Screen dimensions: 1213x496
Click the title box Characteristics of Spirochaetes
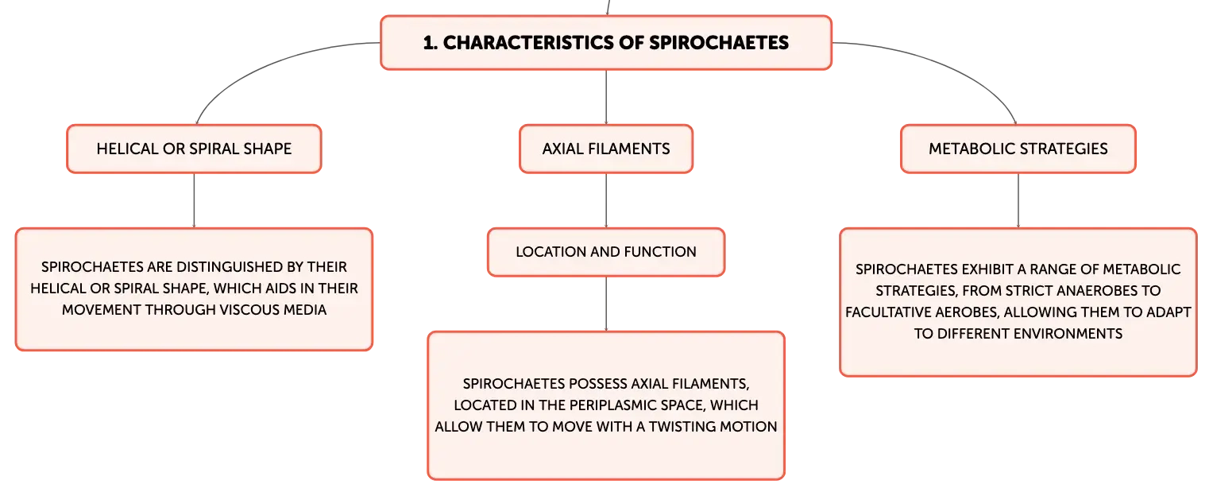coord(606,42)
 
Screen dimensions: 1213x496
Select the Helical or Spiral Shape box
coord(194,149)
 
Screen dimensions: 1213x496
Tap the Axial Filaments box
coord(606,149)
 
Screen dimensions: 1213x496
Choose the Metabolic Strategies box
coord(1018,149)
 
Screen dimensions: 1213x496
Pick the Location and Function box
coord(606,252)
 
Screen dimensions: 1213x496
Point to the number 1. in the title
coord(431,43)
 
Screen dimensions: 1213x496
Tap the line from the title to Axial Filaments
coord(606,97)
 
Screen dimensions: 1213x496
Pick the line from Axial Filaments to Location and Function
coord(606,200)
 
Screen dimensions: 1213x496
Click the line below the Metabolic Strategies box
coord(1018,200)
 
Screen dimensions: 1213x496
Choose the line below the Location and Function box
coord(606,304)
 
